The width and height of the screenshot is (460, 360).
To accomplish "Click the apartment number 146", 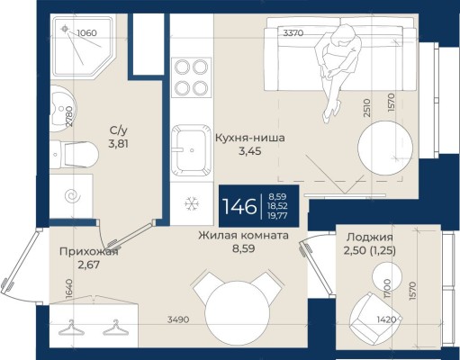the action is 239,206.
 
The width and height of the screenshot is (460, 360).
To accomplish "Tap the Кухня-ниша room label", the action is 250,139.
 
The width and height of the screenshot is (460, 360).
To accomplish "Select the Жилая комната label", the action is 243,236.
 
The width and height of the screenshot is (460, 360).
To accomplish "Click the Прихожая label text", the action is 89,252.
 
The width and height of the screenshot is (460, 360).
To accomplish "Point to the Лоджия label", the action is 370,238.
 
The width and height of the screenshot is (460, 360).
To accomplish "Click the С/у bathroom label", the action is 119,130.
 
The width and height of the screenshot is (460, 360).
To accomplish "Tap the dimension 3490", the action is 178,319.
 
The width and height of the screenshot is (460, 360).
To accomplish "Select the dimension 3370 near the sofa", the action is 293,32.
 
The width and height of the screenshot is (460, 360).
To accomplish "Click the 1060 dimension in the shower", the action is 87,32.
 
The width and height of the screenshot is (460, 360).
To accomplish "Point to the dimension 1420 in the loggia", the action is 386,319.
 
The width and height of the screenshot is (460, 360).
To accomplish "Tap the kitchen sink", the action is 192,150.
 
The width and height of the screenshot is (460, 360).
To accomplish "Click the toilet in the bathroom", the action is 74,155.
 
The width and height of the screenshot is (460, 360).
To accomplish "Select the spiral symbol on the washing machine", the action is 72,196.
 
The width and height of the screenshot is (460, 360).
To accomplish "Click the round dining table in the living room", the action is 236,313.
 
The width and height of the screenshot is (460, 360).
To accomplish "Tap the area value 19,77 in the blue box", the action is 277,215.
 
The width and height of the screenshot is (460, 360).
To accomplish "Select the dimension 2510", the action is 367,108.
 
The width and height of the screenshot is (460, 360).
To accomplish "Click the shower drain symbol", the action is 65,29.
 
